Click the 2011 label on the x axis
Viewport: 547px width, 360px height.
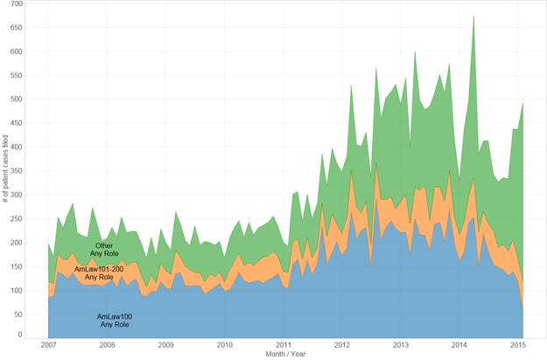(x=284, y=345)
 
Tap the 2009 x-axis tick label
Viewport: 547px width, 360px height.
(x=165, y=345)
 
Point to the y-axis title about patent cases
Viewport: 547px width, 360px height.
(x=6, y=171)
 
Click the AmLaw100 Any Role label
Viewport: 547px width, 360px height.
(x=115, y=320)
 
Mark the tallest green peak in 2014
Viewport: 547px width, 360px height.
(x=473, y=17)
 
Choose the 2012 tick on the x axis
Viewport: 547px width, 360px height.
(x=342, y=345)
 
